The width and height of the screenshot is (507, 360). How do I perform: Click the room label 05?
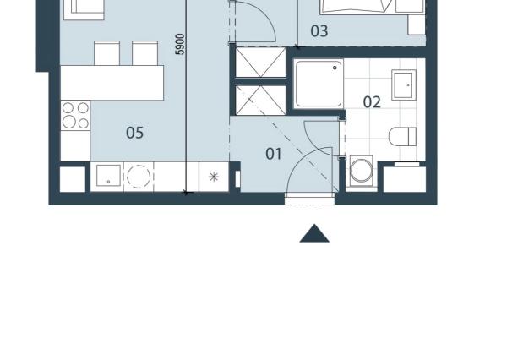tap(135, 133)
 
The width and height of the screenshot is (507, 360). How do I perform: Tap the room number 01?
tap(273, 154)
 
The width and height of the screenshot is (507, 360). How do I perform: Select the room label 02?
tap(372, 102)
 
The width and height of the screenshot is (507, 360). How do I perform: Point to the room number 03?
tap(319, 31)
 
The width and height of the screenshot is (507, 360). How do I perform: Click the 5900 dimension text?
tap(180, 44)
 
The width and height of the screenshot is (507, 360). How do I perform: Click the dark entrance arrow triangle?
tap(314, 233)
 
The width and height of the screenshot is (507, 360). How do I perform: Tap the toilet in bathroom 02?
tap(402, 137)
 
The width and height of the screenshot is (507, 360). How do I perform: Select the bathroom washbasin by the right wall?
tap(404, 85)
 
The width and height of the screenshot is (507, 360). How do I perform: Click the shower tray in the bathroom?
tap(319, 84)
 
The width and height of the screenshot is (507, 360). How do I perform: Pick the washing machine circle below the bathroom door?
tap(362, 171)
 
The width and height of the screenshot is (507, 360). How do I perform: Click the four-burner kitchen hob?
tap(75, 116)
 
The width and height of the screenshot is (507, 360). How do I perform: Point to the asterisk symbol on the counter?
tap(214, 177)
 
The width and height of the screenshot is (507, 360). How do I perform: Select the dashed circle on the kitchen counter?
tap(139, 177)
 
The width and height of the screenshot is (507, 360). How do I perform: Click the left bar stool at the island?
tap(106, 53)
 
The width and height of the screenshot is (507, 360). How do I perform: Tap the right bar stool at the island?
tap(144, 53)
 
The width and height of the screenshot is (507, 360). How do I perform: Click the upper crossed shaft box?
tap(260, 62)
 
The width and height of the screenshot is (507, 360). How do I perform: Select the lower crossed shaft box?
tap(260, 101)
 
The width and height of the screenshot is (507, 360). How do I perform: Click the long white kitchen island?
tap(112, 83)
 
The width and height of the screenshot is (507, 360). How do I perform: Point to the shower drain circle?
tap(335, 68)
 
